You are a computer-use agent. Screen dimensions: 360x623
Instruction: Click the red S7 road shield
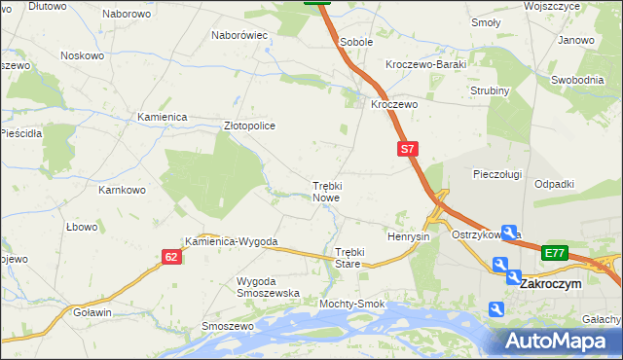point(408,150)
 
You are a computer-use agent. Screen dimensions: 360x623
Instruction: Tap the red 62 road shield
point(171,257)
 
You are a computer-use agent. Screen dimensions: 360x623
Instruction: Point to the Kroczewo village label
point(393,104)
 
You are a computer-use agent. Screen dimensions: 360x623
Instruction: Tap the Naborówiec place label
point(239,35)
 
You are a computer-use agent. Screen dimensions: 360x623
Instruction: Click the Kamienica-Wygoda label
point(233,241)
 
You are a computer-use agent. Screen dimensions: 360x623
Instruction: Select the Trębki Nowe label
point(326,191)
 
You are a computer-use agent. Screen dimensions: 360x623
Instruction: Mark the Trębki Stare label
point(342,258)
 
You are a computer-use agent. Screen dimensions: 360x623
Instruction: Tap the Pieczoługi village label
point(497,174)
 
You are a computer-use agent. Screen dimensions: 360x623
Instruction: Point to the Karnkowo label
point(122,189)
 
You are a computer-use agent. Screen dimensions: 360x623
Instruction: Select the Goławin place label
point(92,312)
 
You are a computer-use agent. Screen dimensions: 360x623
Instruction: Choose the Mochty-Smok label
point(351,305)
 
